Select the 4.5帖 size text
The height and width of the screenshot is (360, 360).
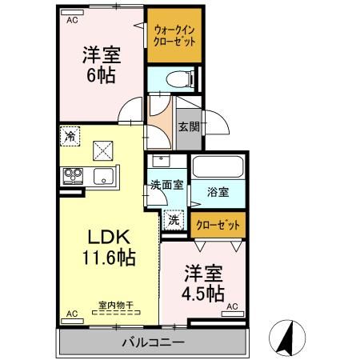202,291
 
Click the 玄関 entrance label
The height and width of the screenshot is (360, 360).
189,126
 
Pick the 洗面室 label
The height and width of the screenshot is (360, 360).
166,184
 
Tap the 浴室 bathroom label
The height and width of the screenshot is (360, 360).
218,192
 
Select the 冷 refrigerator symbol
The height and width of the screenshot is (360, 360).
71,136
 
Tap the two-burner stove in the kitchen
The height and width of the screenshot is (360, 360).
71,175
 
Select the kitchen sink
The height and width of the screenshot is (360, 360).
103,176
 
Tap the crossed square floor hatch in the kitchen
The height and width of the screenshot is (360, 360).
102,150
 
